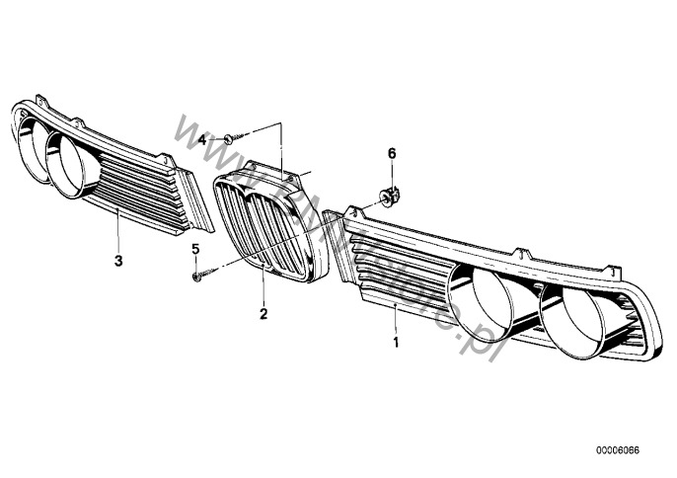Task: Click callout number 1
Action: (x=396, y=343)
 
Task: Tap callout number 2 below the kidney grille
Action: (x=263, y=315)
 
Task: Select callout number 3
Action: (x=117, y=262)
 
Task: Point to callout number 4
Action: (x=202, y=140)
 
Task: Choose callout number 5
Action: (x=195, y=248)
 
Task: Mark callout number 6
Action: (x=391, y=153)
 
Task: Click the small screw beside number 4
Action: (x=227, y=137)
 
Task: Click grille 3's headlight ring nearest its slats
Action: (x=72, y=164)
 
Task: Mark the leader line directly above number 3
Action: (x=117, y=233)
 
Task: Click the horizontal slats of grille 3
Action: (x=138, y=188)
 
